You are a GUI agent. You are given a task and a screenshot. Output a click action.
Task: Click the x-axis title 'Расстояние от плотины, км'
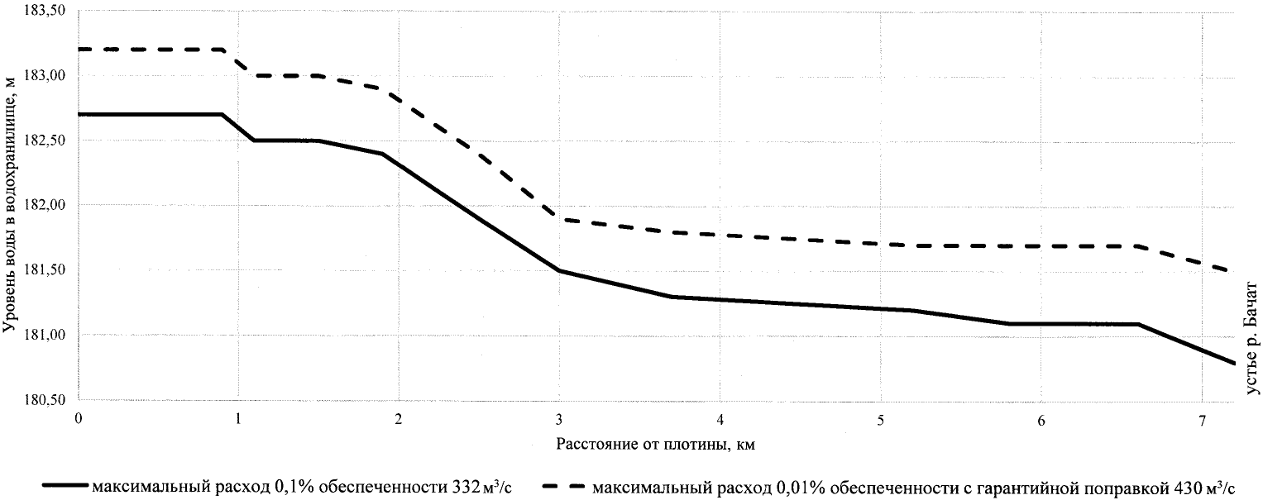click(657, 444)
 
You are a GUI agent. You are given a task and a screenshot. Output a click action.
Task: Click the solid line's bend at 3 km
click(559, 270)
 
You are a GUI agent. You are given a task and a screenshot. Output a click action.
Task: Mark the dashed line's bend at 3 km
click(559, 219)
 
